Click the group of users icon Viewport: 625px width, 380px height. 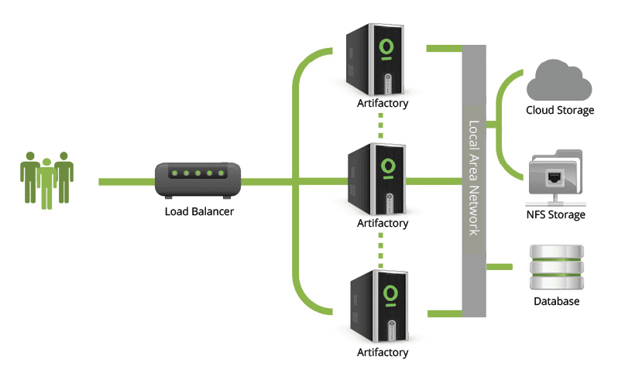pos(46,180)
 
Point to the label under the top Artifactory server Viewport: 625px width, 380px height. pos(382,103)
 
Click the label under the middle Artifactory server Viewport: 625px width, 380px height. pos(382,224)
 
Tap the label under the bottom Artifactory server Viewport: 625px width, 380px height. pos(382,353)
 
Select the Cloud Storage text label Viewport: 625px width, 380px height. pos(560,111)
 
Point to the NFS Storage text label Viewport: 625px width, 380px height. pos(556,214)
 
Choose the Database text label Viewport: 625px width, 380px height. pos(556,302)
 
